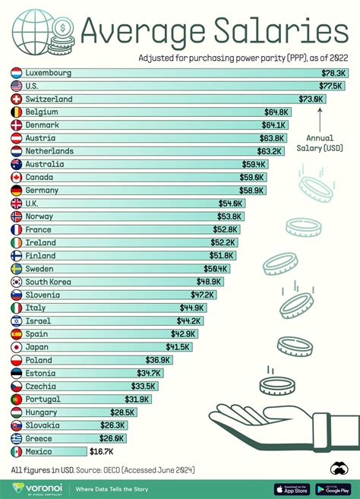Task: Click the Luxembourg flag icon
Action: pyautogui.click(x=17, y=73)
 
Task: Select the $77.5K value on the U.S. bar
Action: pyautogui.click(x=332, y=86)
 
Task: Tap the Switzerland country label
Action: pyautogui.click(x=49, y=99)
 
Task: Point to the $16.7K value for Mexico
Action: pyautogui.click(x=102, y=451)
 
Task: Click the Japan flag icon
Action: pyautogui.click(x=17, y=346)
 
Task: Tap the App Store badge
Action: pyautogui.click(x=292, y=488)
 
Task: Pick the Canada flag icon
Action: pyautogui.click(x=17, y=177)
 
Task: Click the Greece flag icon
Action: pyautogui.click(x=17, y=438)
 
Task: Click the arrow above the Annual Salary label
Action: pyautogui.click(x=321, y=120)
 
